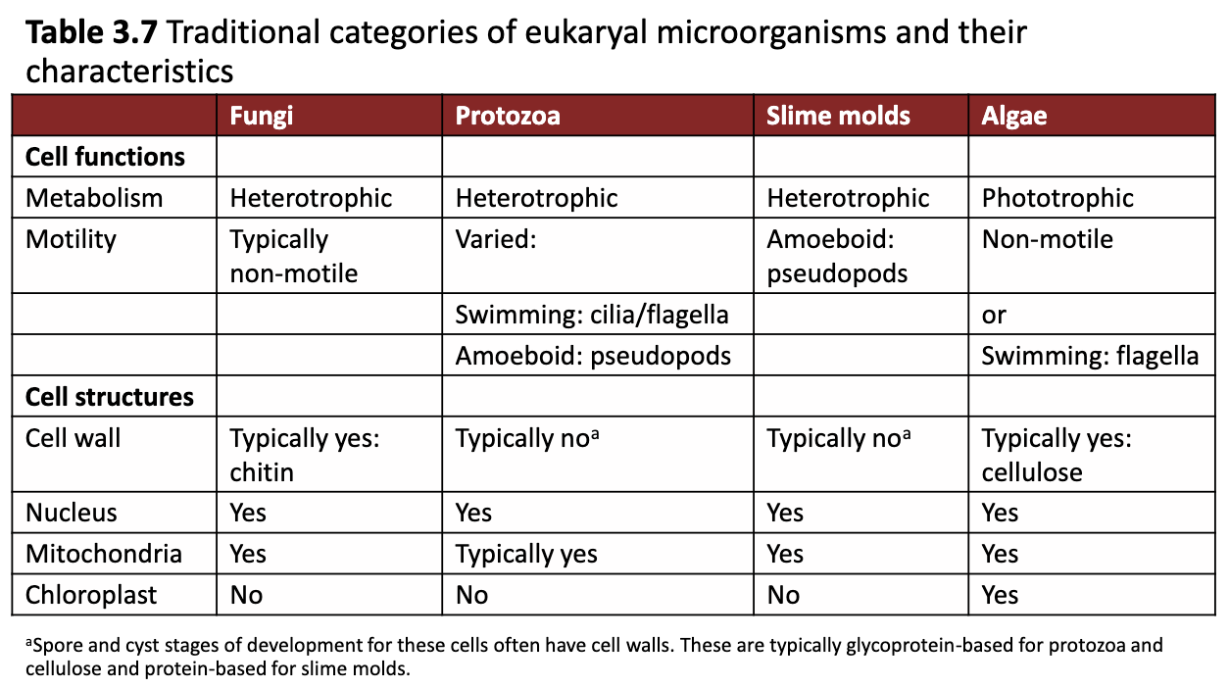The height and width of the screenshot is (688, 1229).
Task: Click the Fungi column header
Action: (x=261, y=116)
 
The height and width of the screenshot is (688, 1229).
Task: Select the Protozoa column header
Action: (x=508, y=116)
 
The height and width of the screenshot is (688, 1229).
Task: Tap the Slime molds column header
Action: (x=838, y=116)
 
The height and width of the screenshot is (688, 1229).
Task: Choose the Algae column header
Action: (x=1014, y=116)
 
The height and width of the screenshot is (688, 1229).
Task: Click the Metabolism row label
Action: (x=94, y=198)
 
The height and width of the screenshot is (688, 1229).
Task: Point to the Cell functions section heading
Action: (x=105, y=157)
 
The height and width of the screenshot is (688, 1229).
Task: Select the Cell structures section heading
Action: (x=110, y=397)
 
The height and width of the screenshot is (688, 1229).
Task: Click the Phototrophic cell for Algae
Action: (x=1057, y=198)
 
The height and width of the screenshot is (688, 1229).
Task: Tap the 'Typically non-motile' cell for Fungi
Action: (x=294, y=256)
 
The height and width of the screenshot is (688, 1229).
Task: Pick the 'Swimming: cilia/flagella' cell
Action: (x=592, y=315)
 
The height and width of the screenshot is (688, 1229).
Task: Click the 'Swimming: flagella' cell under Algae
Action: (x=1090, y=356)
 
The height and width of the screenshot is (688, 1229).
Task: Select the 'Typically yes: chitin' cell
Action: (x=304, y=455)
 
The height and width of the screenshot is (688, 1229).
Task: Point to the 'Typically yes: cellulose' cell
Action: (x=1057, y=455)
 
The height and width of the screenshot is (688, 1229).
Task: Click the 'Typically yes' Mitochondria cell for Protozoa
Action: (x=526, y=554)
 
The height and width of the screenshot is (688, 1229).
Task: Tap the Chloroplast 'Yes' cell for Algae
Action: (x=1000, y=595)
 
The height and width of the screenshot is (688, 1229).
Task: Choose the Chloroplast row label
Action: (x=91, y=595)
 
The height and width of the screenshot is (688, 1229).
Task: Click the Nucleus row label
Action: (x=72, y=513)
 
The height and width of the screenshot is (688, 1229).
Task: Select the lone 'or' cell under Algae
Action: (x=994, y=315)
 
